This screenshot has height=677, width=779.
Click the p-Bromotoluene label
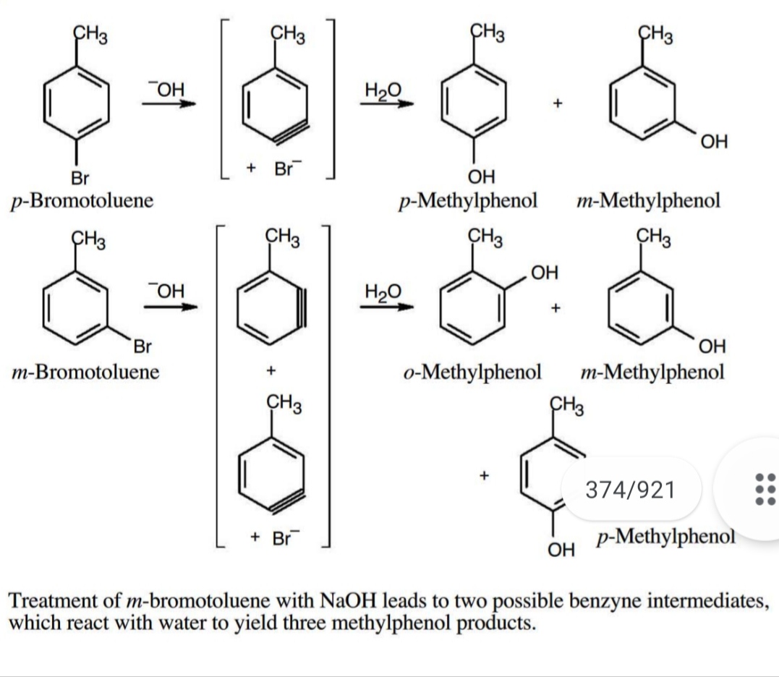tap(81, 200)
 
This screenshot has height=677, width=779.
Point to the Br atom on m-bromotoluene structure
tap(142, 346)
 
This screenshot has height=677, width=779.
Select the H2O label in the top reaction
tap(382, 91)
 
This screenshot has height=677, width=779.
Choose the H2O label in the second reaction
tap(382, 291)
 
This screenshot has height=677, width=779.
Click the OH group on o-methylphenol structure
tap(544, 273)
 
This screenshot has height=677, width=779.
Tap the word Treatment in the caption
tap(61, 601)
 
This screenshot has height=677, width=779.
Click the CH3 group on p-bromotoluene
tap(91, 34)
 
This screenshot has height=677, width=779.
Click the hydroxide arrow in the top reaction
tap(169, 103)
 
